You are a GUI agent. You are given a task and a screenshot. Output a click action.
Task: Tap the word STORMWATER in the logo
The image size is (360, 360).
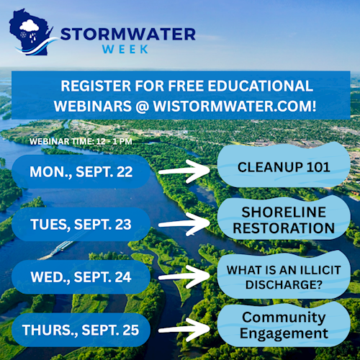click(128, 34)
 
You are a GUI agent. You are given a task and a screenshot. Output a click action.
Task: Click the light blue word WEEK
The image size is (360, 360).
click(125, 49)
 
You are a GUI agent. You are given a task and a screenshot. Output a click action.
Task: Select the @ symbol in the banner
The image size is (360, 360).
click(143, 106)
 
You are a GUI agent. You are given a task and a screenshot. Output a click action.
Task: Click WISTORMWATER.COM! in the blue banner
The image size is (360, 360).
click(235, 106)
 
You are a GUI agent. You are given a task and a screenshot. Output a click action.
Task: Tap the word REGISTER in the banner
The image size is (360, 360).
click(96, 86)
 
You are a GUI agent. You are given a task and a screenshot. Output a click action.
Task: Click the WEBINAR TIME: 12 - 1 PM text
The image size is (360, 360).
click(81, 141)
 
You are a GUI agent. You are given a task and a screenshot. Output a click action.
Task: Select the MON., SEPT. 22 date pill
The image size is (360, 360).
click(81, 171)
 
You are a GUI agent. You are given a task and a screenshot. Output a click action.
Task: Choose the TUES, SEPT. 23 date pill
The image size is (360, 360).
click(81, 224)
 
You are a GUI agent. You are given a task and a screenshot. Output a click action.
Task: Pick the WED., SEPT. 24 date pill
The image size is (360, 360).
click(81, 277)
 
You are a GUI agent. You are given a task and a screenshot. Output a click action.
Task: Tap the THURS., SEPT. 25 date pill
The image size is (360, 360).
click(81, 330)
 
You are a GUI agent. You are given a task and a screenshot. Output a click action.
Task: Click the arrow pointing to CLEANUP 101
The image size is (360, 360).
click(184, 171)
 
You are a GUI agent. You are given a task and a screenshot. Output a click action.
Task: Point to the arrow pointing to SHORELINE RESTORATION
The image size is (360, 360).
click(184, 224)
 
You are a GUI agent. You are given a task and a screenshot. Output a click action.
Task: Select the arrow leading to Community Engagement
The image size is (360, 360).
click(184, 330)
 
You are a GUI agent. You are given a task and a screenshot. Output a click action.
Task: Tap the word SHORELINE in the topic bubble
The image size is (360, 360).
click(284, 212)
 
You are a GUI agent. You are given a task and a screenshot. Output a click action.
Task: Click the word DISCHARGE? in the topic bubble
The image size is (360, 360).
click(284, 284)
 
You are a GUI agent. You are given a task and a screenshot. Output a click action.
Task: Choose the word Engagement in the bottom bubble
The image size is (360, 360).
click(284, 333)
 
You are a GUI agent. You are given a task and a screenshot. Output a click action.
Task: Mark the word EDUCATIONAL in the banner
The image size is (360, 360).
click(261, 86)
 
